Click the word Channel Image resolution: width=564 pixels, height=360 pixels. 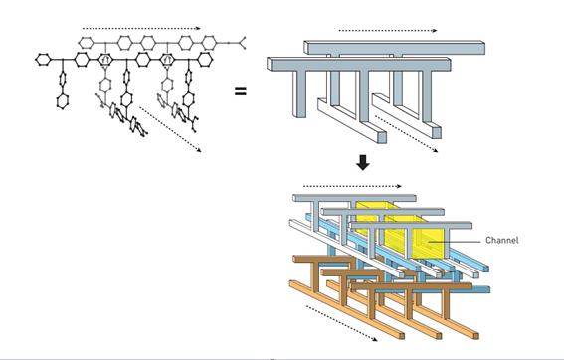pyautogui.click(x=502, y=240)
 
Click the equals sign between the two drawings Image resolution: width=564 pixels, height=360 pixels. pyautogui.click(x=241, y=91)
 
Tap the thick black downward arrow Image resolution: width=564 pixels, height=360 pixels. pyautogui.click(x=363, y=162)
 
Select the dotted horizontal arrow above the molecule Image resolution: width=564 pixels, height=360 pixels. pyautogui.click(x=141, y=28)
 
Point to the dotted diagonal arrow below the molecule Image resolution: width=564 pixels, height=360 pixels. pyautogui.click(x=170, y=129)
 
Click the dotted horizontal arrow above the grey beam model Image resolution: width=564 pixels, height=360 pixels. pyautogui.click(x=388, y=31)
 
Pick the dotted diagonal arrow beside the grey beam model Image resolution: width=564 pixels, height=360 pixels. pyautogui.click(x=407, y=134)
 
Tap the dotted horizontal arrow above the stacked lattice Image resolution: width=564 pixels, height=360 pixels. pyautogui.click(x=352, y=186)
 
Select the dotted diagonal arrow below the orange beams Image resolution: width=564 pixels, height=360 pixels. pyautogui.click(x=342, y=323)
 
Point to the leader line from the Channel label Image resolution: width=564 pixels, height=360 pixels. pyautogui.click(x=454, y=242)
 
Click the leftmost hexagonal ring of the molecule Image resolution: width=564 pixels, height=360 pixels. pyautogui.click(x=43, y=60)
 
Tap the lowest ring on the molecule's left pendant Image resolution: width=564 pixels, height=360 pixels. pyautogui.click(x=63, y=101)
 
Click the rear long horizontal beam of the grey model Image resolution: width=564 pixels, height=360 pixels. pyautogui.click(x=395, y=48)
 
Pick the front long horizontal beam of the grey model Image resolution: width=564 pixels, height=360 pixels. pyautogui.click(x=359, y=64)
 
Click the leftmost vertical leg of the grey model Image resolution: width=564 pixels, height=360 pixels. pyautogui.click(x=299, y=93)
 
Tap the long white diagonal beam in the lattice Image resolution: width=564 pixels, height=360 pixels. pyautogui.click(x=347, y=249)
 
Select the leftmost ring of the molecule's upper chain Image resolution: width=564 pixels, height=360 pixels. pyautogui.click(x=86, y=43)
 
